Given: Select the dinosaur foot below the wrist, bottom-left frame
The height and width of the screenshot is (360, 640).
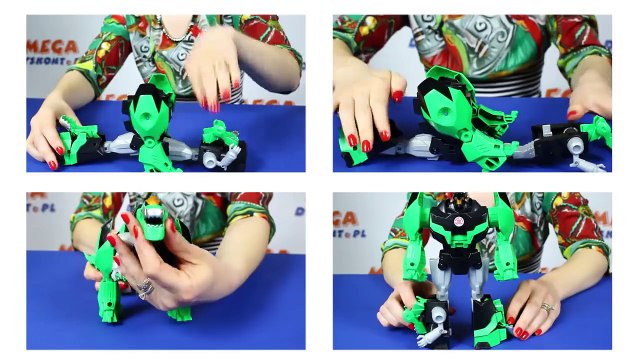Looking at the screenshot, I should click(180, 313).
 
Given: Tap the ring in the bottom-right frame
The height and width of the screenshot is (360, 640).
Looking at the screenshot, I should click(548, 308).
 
